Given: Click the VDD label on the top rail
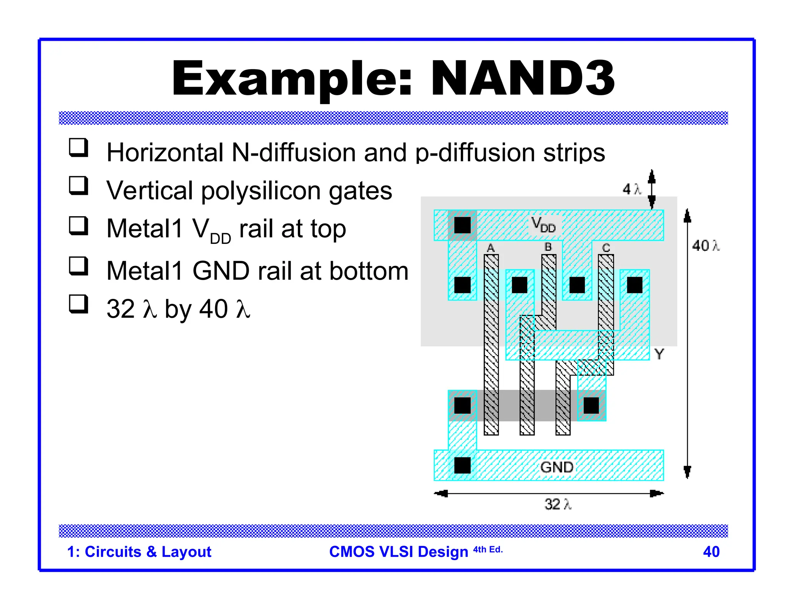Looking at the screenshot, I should point(543,225).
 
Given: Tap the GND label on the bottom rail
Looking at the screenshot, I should point(556,467).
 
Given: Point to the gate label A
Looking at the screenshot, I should point(491,248).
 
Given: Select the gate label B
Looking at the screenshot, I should point(548,247).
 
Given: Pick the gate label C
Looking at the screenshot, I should point(606,248).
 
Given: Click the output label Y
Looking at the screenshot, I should point(659,354).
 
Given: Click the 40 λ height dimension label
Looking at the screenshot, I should point(705,245).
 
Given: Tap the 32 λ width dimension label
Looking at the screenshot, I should point(558,504).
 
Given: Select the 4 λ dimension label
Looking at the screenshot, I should point(632,189).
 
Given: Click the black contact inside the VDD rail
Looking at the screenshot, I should point(462,225).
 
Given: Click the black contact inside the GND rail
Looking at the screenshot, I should point(462,465).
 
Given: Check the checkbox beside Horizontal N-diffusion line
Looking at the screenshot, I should point(78,147).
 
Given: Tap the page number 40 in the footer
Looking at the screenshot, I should point(711,552).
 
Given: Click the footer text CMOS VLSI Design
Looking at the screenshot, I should point(398,552).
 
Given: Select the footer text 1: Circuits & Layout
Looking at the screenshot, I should point(139,552).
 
